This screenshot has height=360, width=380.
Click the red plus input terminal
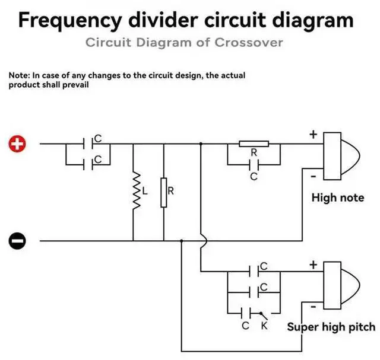pos(17,144)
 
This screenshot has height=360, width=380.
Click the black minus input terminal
pos(17,241)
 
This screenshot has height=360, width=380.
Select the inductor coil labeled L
pos(137,190)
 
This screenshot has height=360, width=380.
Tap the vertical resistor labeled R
pos(164,193)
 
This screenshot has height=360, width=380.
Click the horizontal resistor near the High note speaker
pos(254,144)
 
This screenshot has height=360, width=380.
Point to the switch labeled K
pos(264,316)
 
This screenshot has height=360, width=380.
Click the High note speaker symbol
pos(342,156)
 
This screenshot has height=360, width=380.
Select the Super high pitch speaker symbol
pos(342,285)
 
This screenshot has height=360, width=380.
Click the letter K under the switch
pos(264,326)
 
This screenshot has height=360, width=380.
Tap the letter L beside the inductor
pos(145,191)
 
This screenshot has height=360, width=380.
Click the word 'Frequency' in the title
pos(70,21)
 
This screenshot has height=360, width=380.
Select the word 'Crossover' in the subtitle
pos(249,43)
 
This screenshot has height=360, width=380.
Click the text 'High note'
pos(338,198)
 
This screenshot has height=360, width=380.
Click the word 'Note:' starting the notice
pos(20,75)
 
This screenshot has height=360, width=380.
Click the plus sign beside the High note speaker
pos(313,135)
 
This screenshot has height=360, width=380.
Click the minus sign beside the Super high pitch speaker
pos(313,307)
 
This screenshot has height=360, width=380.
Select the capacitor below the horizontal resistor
pos(254,165)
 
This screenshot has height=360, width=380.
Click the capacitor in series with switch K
pos(246,313)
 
